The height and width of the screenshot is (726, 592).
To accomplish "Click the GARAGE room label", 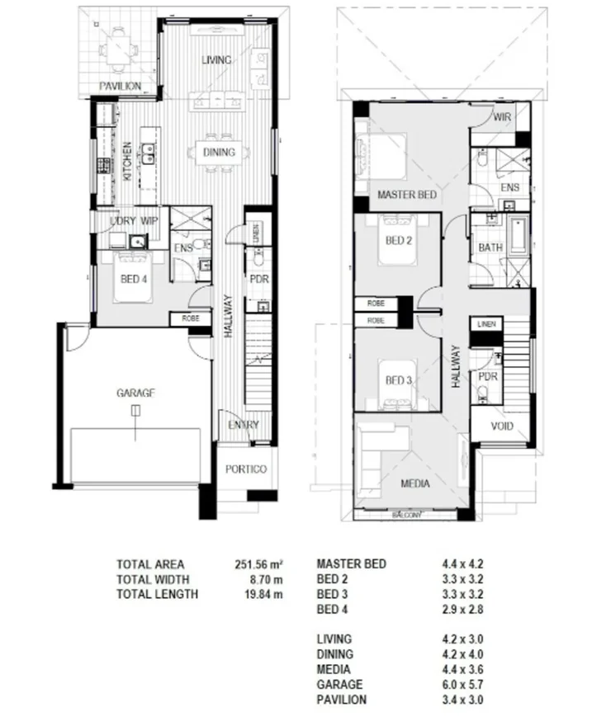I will (135, 394).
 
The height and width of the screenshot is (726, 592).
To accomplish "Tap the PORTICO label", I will (246, 469).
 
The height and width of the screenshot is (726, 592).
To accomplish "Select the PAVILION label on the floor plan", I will (121, 86).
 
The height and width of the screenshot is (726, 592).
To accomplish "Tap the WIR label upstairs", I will (502, 118).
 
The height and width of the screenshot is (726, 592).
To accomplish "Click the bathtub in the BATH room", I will (517, 234).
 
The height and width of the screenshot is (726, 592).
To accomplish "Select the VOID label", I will (501, 427).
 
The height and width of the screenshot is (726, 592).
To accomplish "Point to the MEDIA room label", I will (414, 484).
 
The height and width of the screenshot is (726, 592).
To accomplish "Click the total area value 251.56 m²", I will (259, 564).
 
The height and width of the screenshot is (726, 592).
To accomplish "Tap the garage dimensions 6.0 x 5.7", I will (462, 685).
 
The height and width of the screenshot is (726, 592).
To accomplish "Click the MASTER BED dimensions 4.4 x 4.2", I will (462, 564).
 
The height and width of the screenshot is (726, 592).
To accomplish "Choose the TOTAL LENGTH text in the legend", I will (157, 594).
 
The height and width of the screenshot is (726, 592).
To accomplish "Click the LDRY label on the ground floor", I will (122, 221).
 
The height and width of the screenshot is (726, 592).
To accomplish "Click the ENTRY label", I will (244, 426).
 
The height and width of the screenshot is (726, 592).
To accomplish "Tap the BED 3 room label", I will (399, 380).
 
